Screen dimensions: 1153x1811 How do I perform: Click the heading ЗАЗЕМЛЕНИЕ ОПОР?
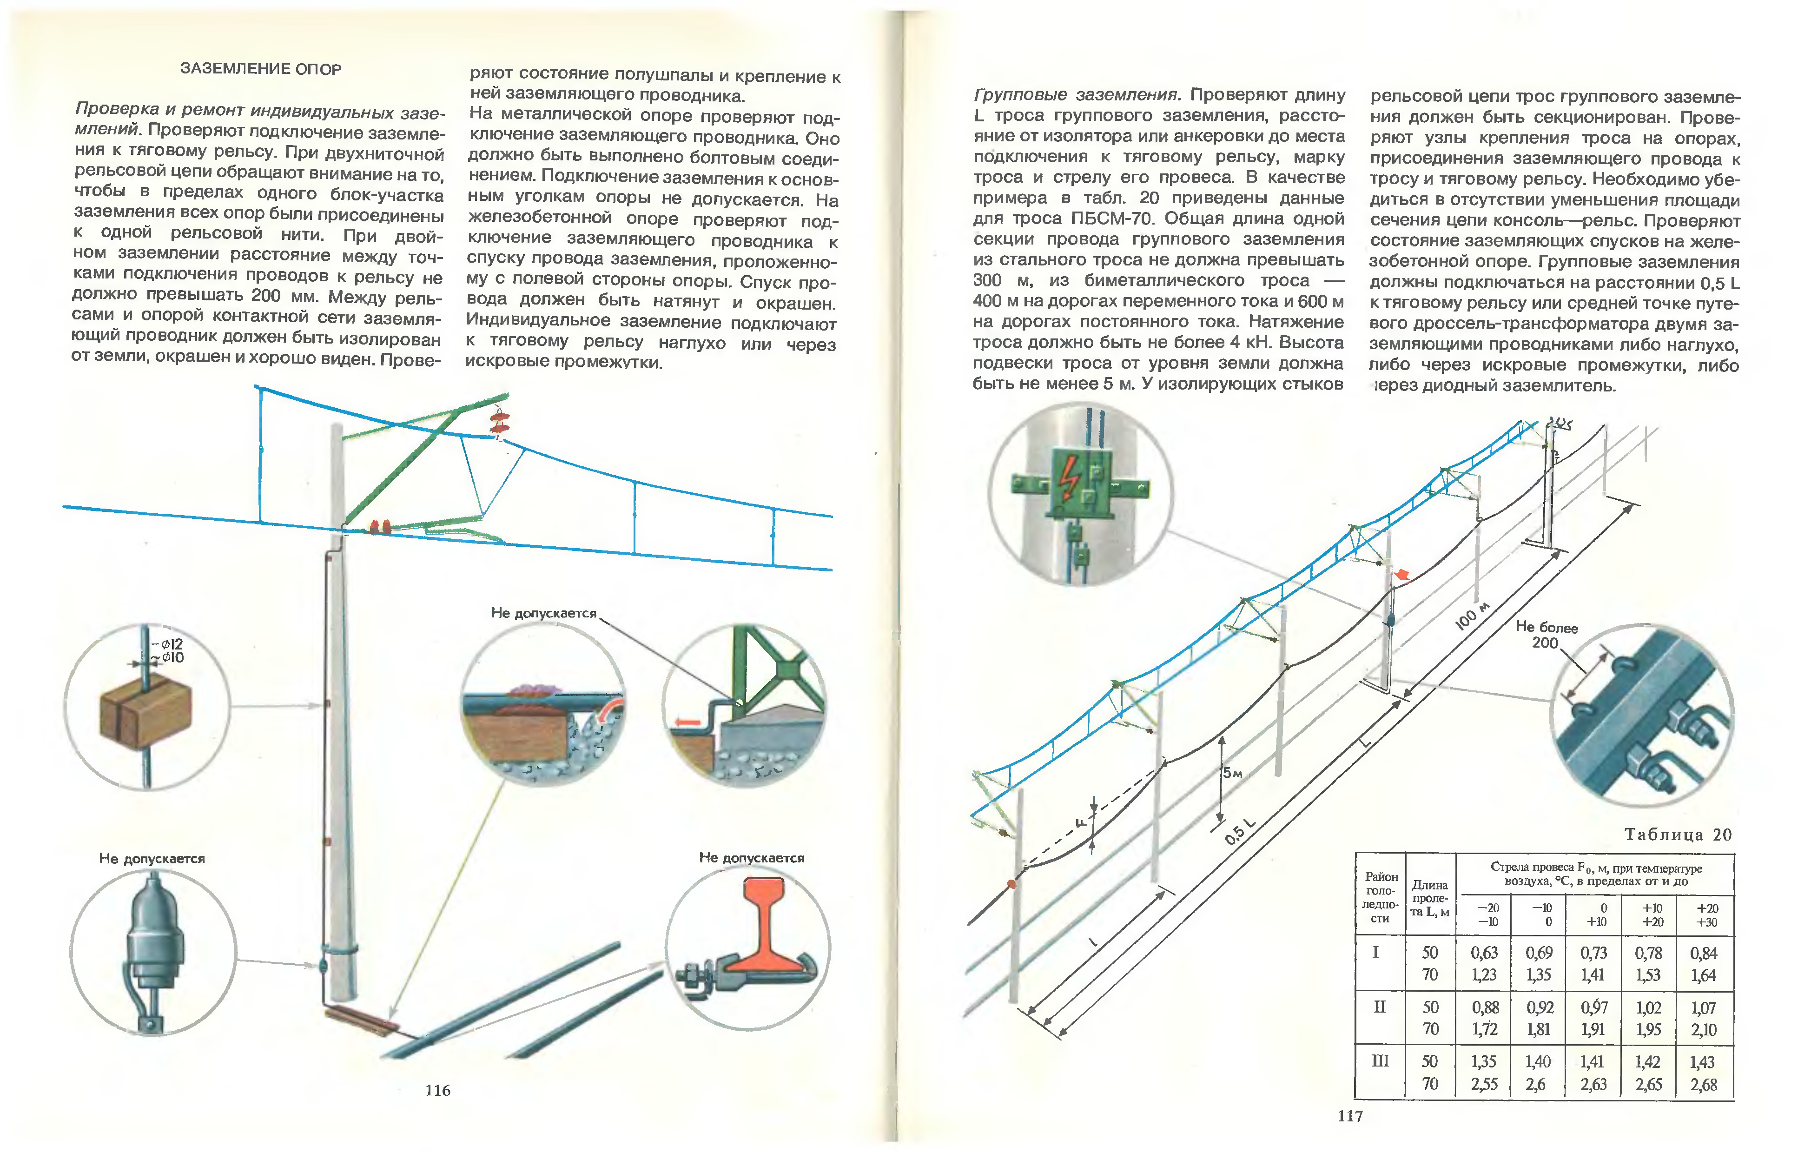[x=260, y=69]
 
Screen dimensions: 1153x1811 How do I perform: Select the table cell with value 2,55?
[x=1484, y=1084]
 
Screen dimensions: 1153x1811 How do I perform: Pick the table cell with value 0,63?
[x=1484, y=953]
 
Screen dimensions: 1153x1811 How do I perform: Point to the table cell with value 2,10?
[x=1704, y=1030]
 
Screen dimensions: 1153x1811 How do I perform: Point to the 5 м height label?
[x=1231, y=772]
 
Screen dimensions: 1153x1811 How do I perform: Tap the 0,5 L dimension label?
[x=1239, y=831]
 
